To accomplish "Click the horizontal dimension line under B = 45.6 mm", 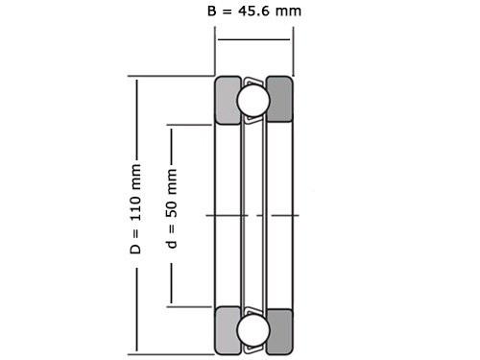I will click(x=253, y=39).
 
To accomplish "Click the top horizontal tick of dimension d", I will click(x=192, y=125).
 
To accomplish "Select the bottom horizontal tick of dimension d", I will click(x=192, y=306).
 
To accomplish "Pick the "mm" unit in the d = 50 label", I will click(x=172, y=179).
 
